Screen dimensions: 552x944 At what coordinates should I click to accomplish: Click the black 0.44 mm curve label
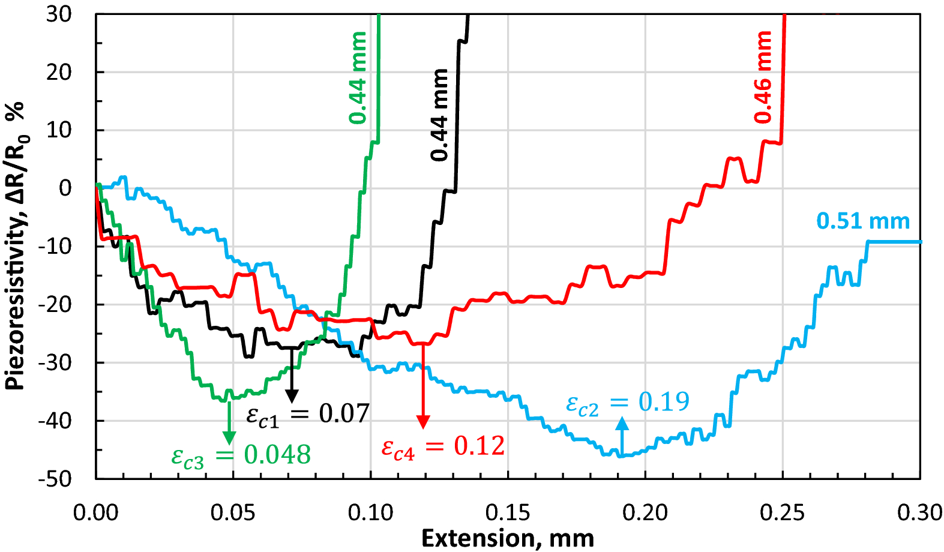coord(440,115)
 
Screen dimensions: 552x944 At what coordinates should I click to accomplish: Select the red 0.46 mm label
coord(763,77)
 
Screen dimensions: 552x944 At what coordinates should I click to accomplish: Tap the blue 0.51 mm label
coord(863,221)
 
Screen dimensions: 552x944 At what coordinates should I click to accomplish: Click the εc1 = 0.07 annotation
coord(308,415)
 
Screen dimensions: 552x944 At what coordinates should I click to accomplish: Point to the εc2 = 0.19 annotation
coord(628,403)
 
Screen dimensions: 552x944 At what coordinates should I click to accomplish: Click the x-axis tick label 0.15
coord(508,512)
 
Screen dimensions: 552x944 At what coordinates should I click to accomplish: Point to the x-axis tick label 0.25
coord(783,512)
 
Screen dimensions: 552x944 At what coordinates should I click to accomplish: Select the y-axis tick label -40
coord(55,421)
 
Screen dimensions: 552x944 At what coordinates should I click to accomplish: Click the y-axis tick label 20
coord(59,73)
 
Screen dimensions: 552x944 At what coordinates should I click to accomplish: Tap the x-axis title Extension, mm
coord(508,538)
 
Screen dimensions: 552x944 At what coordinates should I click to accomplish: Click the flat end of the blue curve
coord(894,242)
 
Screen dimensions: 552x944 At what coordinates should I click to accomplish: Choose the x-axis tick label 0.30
coord(919,512)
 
